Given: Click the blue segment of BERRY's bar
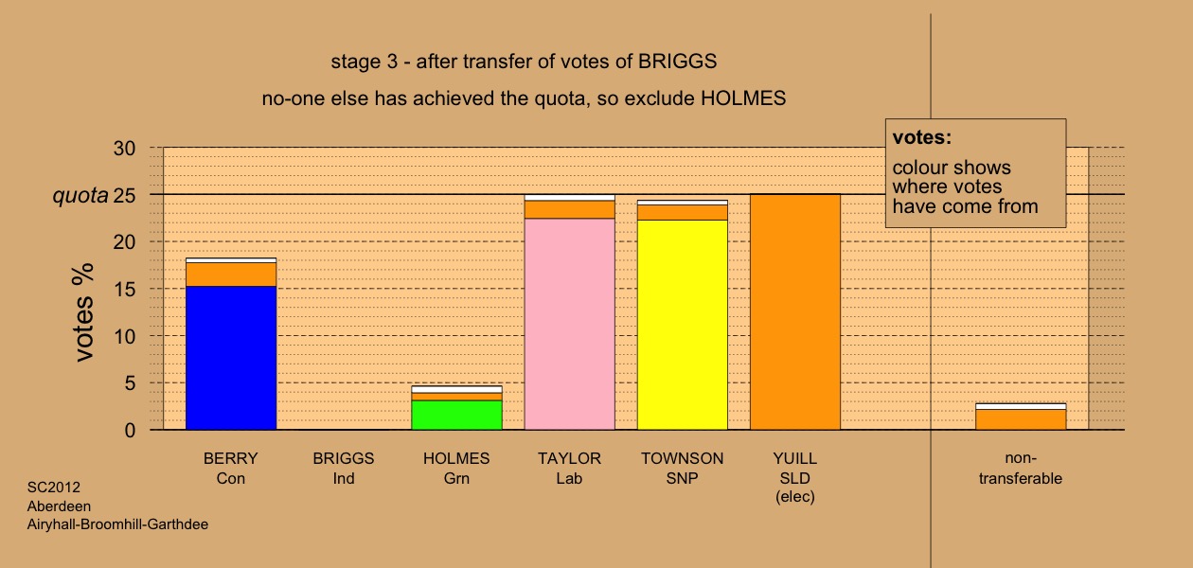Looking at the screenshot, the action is (x=231, y=358).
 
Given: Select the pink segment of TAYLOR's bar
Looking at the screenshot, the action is (x=569, y=324).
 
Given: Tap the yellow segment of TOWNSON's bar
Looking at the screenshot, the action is (x=683, y=325).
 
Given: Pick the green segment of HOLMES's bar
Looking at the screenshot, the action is (x=456, y=416).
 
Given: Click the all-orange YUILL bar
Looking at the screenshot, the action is (x=795, y=312).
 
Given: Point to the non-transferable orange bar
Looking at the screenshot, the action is (x=1021, y=419).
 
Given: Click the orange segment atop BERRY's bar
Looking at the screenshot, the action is (x=231, y=275).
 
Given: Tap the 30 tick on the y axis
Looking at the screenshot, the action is (x=124, y=148).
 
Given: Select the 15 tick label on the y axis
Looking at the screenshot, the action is (x=124, y=289).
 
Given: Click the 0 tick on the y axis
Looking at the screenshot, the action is (x=130, y=430).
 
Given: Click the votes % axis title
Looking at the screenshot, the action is (x=84, y=312).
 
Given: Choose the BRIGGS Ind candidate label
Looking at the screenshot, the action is (x=344, y=469).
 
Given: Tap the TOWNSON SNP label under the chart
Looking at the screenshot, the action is (x=683, y=469).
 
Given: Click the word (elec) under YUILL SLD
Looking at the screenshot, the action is (x=795, y=497).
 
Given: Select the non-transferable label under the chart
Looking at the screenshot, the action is (x=1021, y=469).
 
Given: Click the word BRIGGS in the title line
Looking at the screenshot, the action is (x=678, y=62).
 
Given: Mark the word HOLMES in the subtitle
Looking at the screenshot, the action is (x=743, y=98).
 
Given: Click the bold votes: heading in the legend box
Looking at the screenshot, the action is (x=922, y=137).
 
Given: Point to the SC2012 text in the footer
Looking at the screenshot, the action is (x=54, y=488).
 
